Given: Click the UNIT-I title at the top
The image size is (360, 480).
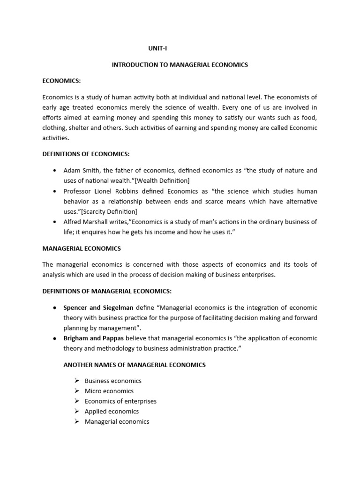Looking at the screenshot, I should click(x=157, y=48).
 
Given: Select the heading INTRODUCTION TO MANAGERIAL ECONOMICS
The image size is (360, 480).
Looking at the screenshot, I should click(x=180, y=65).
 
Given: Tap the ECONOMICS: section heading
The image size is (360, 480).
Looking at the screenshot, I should click(x=61, y=81).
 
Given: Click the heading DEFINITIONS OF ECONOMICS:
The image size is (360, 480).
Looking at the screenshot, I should click(x=87, y=154).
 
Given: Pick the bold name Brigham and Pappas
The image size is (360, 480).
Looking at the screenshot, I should click(x=96, y=338).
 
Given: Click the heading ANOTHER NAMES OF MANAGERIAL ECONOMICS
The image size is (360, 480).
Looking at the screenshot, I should click(x=134, y=365).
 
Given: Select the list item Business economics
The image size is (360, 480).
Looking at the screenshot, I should click(x=113, y=381).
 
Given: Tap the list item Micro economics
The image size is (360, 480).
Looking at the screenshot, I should click(x=109, y=391).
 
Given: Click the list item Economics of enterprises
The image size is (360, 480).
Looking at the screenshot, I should click(x=120, y=401).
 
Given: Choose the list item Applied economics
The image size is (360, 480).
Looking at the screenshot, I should click(x=112, y=412).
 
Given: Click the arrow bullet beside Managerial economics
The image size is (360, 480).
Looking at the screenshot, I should click(x=77, y=421).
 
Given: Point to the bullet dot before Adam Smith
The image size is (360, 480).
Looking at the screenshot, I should click(x=55, y=171).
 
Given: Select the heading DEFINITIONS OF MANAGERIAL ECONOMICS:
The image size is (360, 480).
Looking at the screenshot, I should click(x=107, y=291).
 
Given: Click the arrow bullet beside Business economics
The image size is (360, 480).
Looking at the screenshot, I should click(x=77, y=381).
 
